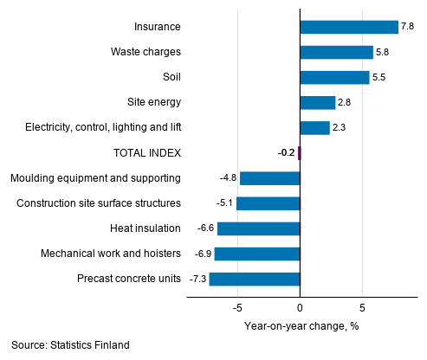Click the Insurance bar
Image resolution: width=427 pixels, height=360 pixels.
pos(348,27)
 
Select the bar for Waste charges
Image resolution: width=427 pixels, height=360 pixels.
pos(336,52)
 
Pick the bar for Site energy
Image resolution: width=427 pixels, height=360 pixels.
pos(317,102)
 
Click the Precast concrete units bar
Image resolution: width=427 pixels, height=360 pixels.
pos(254,279)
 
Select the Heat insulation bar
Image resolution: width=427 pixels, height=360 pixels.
pos(258,228)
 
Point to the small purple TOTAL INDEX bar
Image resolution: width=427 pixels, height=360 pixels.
pos(298,153)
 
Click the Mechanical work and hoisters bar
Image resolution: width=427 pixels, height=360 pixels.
pos(257,254)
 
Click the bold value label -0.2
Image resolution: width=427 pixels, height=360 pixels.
pos(285,153)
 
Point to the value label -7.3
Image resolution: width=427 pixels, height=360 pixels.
pos(197,279)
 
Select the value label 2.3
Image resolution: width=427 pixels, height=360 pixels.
pos(340,128)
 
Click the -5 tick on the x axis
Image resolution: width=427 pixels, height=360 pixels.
pos(237,307)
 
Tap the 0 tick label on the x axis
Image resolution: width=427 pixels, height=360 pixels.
pos(300,307)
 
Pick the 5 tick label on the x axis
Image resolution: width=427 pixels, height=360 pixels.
pos(362,307)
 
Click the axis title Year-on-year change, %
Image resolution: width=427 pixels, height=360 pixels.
pos(301,326)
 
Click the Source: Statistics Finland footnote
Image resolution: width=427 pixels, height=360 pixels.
pos(70,345)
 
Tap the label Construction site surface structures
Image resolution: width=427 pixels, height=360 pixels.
pos(99,203)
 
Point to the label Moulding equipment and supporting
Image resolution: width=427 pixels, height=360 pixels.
pos(95,178)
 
